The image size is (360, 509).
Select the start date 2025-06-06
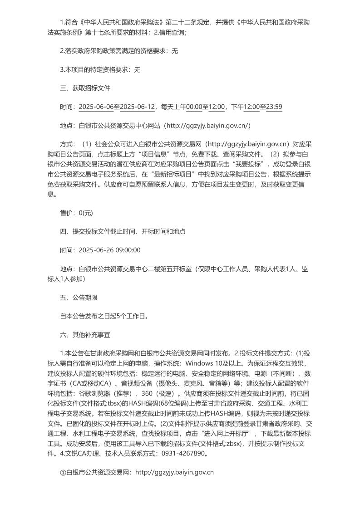pos(96,107)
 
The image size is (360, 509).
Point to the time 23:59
pos(274,107)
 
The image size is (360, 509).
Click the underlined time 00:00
pos(194,107)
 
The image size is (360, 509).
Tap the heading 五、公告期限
pos(79,298)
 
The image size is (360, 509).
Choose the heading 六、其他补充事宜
pos(85,335)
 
